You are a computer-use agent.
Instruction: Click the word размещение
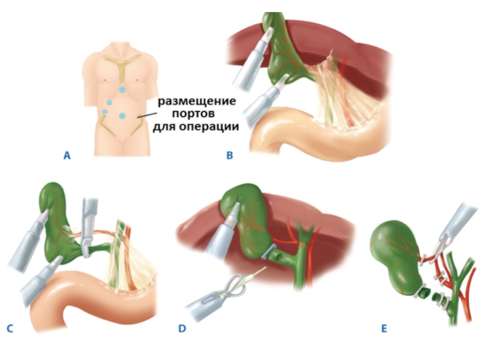click(197, 100)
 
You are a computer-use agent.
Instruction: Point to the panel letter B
click(229, 156)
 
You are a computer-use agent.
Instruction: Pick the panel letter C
click(9, 328)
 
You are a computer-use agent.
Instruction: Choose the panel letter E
click(383, 328)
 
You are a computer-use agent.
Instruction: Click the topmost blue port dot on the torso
click(122, 89)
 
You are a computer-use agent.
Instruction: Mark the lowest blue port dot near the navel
click(122, 115)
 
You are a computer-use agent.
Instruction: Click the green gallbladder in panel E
click(393, 252)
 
